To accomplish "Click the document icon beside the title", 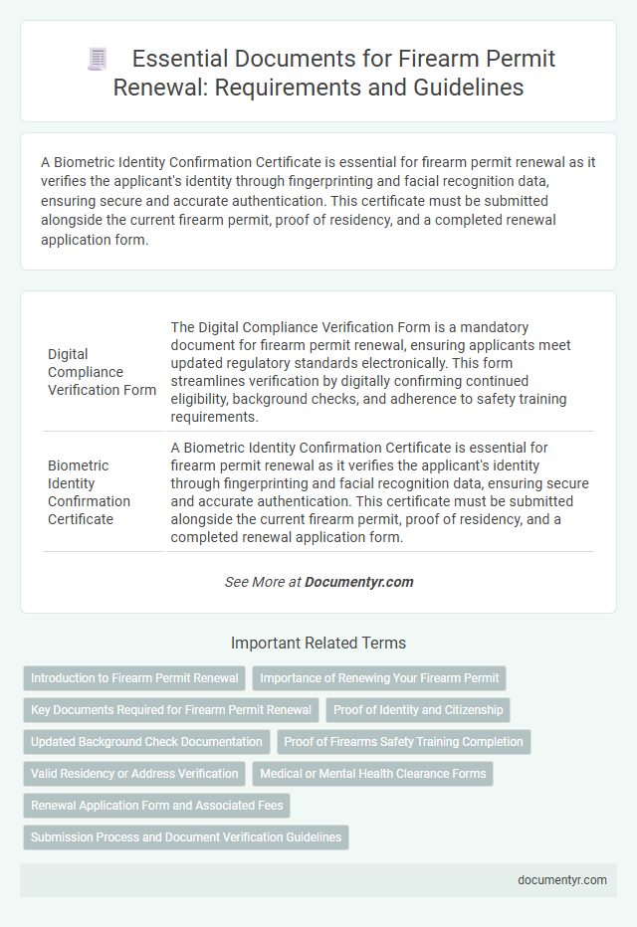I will (96, 60).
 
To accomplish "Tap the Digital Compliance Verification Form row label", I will (101, 372).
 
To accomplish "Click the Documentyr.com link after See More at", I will (359, 582).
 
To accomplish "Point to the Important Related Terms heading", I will (318, 643).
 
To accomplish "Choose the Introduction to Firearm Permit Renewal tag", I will (134, 678).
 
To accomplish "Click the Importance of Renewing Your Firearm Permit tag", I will (379, 678).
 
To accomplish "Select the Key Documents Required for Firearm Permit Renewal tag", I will (170, 710).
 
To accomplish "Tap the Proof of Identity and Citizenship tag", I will (418, 710).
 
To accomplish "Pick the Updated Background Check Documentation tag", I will (146, 742).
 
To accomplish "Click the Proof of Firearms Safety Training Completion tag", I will (403, 742).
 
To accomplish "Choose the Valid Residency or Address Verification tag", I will (134, 774).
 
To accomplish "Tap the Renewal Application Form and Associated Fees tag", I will (156, 806).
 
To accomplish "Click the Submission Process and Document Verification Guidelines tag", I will (186, 837).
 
